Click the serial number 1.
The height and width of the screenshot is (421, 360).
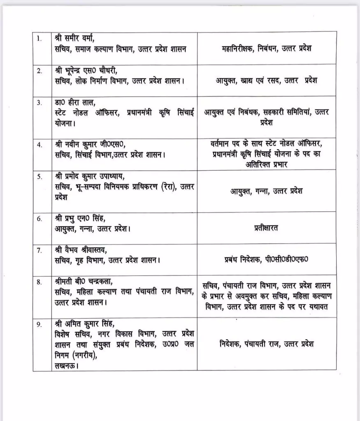point(39,39)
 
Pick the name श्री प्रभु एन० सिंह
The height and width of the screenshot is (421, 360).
point(82,218)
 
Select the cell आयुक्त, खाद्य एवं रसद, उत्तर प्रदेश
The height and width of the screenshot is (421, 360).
point(266,81)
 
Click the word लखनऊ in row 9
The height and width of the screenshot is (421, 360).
point(66,365)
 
